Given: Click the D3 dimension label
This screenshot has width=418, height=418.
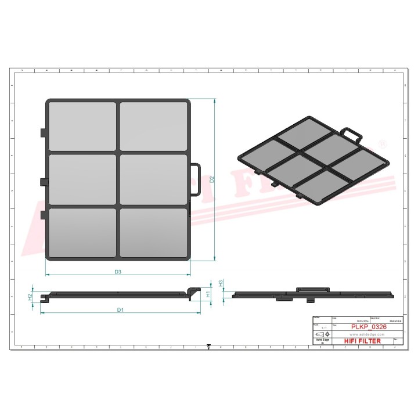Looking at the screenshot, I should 117,271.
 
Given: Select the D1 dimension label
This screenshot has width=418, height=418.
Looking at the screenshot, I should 120,310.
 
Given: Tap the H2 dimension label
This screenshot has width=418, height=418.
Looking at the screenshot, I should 30,297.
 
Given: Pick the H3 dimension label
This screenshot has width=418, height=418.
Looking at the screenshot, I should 221,283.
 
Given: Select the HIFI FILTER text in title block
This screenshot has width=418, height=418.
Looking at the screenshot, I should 363,341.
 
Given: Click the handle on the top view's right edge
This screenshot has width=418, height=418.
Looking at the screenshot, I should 196,180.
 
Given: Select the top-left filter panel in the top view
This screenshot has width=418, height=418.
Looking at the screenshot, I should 83,126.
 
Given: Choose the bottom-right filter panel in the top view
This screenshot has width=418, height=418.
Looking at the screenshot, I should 153,232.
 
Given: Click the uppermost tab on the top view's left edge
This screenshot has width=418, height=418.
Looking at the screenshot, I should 43,133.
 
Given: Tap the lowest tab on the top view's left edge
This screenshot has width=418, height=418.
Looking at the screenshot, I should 43,215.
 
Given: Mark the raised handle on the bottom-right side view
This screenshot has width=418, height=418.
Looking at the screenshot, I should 312,289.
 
